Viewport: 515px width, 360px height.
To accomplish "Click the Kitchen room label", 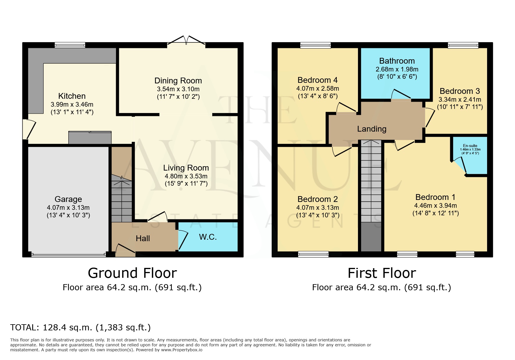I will [x=72, y=96].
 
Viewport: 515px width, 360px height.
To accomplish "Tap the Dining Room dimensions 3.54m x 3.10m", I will [x=178, y=89].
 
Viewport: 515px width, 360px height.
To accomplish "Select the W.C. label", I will [x=208, y=237].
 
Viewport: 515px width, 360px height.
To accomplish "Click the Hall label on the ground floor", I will [x=143, y=238].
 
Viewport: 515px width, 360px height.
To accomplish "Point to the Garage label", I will [x=68, y=199].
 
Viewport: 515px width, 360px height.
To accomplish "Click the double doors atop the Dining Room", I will [x=186, y=41].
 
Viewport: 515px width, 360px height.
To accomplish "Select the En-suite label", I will [x=470, y=146].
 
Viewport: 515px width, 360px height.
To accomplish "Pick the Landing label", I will [x=372, y=129].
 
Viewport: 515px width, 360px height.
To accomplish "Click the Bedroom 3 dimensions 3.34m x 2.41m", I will [x=460, y=99].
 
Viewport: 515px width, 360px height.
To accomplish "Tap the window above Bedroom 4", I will [x=316, y=45].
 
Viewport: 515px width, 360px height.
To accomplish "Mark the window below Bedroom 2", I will [x=313, y=254].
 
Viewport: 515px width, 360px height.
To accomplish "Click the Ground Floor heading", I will [x=132, y=273].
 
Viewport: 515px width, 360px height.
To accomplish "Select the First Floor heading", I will [x=382, y=273].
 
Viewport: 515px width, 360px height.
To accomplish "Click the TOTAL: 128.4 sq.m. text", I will [x=81, y=327].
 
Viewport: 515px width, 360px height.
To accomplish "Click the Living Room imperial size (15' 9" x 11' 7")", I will [x=186, y=183].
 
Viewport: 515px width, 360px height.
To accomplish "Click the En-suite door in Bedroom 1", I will [x=459, y=166].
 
